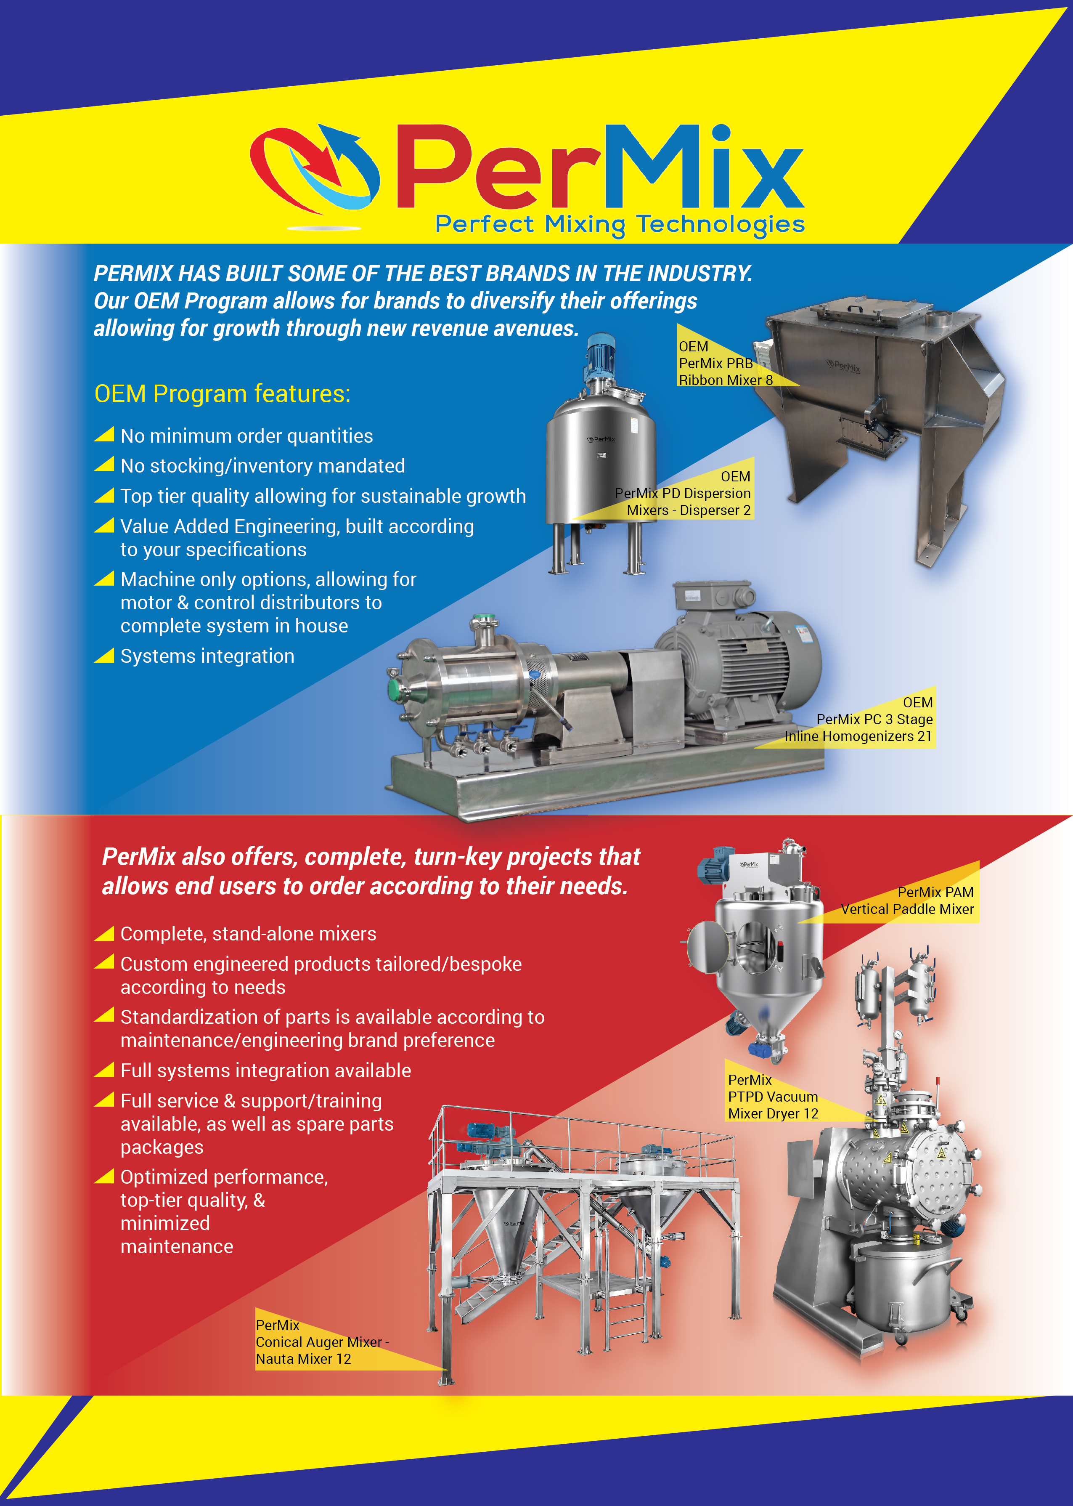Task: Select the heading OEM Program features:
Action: pyautogui.click(x=222, y=394)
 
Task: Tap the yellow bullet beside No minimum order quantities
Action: pyautogui.click(x=104, y=434)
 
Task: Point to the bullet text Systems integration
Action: pyautogui.click(x=207, y=656)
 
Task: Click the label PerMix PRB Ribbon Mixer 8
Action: pyautogui.click(x=726, y=364)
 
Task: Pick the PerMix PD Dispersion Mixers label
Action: pyautogui.click(x=683, y=494)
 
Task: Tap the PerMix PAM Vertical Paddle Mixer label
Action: pyautogui.click(x=907, y=900)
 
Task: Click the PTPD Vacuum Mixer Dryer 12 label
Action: pyautogui.click(x=773, y=1097)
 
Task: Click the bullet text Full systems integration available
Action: pyautogui.click(x=265, y=1070)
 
